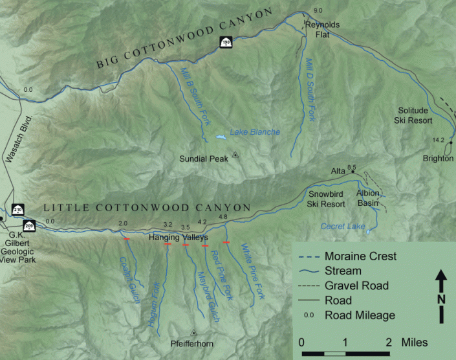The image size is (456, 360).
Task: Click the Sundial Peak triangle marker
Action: point(235,154)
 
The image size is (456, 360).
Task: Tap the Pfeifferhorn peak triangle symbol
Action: point(193,333)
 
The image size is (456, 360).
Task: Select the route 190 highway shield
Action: point(226,43)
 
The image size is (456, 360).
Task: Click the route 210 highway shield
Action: point(17,210)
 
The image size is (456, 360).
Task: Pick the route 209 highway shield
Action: point(29,225)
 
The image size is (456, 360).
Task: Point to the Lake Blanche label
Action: point(255,132)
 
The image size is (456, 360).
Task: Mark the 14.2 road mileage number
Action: point(439,140)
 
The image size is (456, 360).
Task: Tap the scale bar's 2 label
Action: point(389,341)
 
